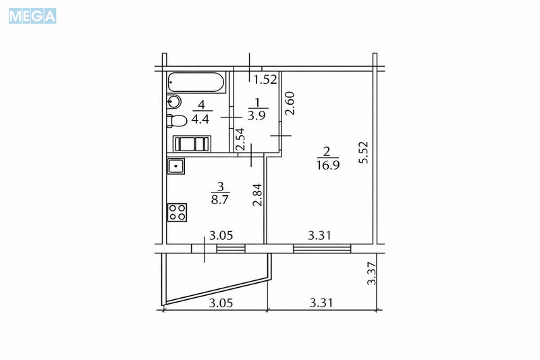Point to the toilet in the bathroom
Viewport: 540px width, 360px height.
click(x=177, y=122)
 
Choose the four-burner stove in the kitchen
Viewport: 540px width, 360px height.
click(x=177, y=212)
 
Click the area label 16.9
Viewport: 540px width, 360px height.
click(x=327, y=163)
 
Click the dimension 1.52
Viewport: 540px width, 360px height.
click(x=265, y=79)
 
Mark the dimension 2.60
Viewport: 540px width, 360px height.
click(x=290, y=105)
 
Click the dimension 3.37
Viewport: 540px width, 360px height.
click(x=370, y=274)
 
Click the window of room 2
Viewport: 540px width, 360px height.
click(x=323, y=248)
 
